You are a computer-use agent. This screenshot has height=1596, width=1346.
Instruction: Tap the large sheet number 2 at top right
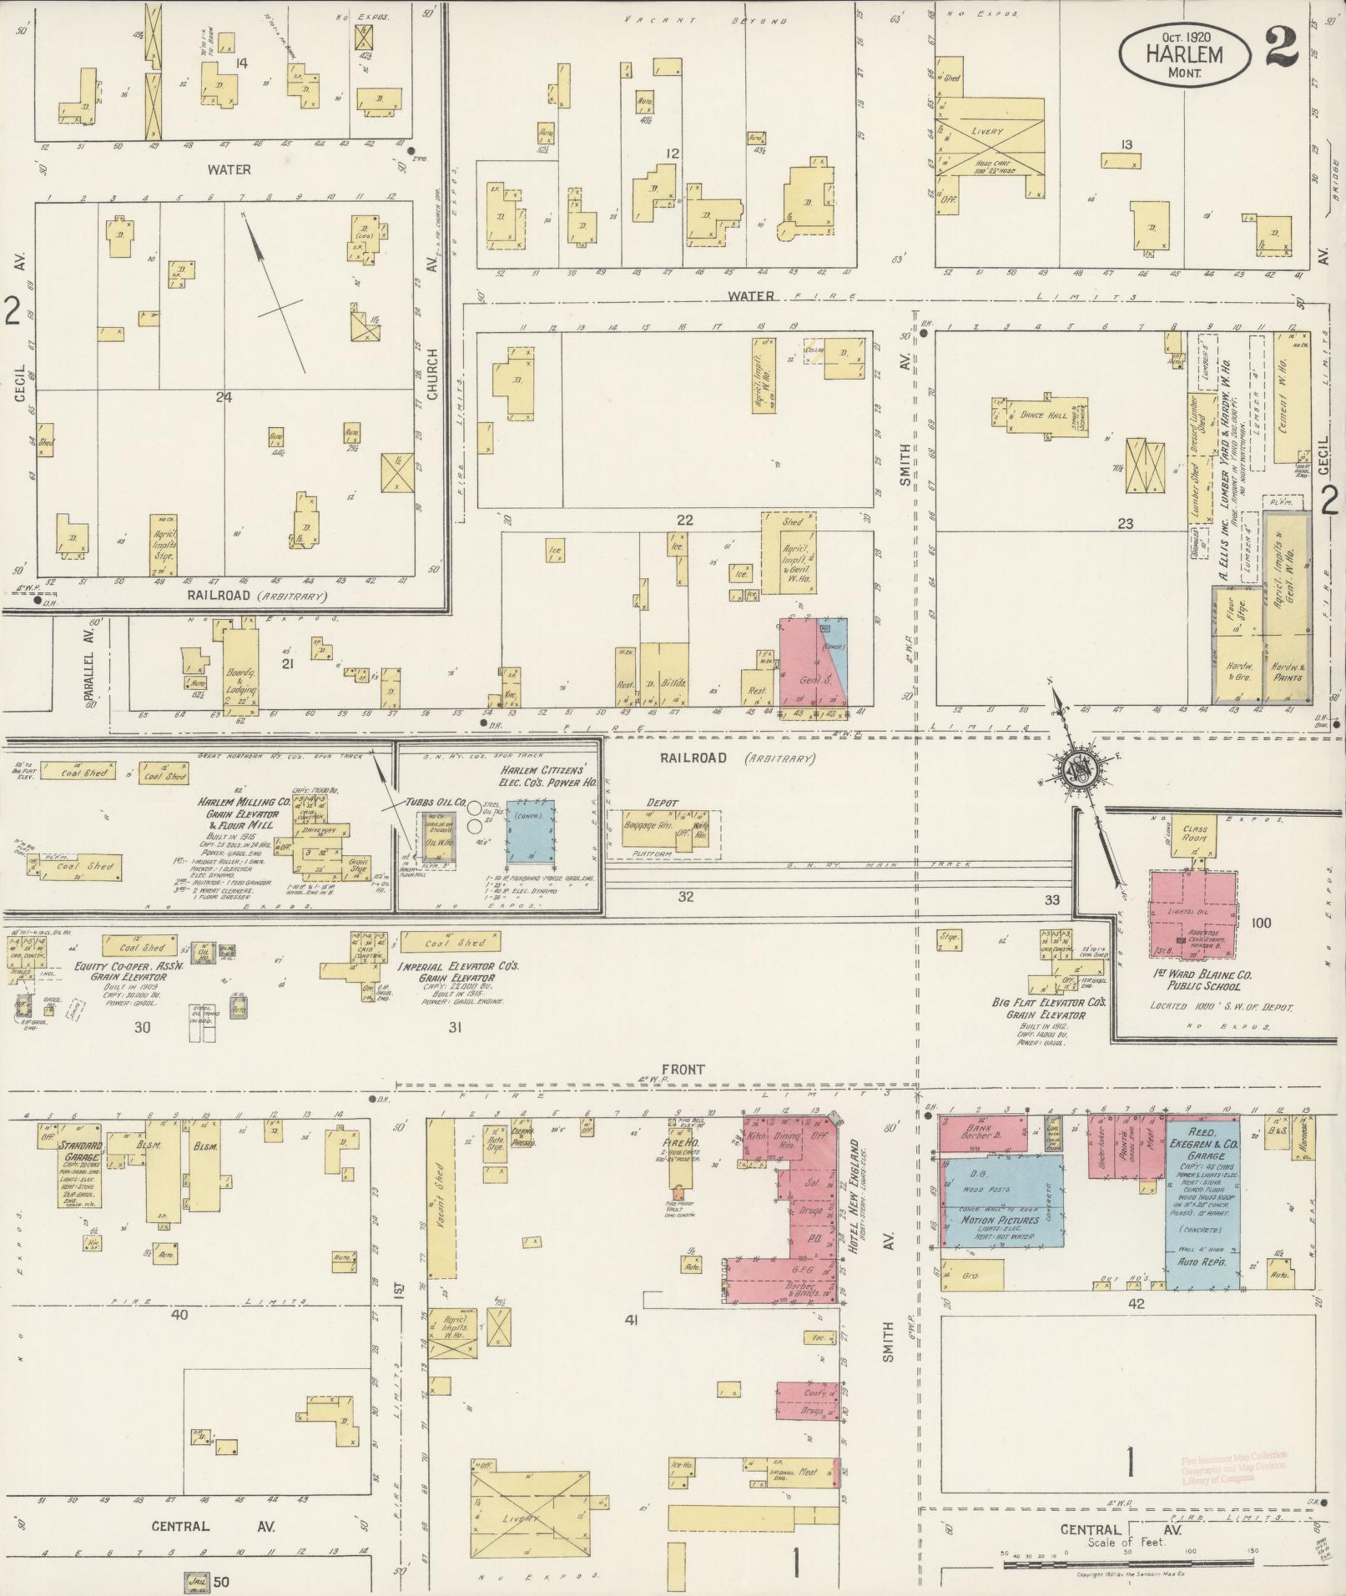tap(1281, 46)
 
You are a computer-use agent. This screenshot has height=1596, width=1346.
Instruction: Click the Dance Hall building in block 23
tap(1037, 414)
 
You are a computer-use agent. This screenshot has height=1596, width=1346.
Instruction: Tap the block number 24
tap(223, 397)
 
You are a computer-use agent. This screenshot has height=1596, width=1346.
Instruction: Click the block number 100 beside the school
tap(1261, 923)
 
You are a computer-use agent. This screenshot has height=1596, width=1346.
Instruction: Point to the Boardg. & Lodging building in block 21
tap(239, 676)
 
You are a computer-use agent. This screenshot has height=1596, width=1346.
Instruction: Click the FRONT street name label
tap(684, 1069)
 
